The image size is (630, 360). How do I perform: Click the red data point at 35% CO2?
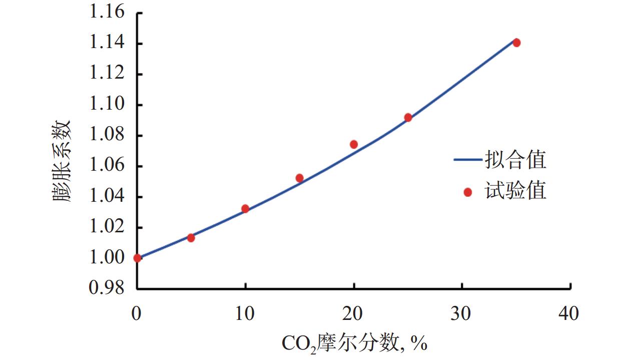[516, 43]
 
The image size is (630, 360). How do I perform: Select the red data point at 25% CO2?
[408, 118]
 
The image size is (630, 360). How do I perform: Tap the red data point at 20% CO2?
[354, 144]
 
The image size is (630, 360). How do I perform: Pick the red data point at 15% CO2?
[300, 178]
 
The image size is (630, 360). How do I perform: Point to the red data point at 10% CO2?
[245, 208]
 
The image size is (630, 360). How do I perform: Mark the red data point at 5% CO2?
[191, 237]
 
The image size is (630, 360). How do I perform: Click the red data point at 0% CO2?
[137, 258]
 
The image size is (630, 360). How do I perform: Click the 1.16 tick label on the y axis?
[107, 13]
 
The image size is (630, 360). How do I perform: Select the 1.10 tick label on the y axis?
[107, 105]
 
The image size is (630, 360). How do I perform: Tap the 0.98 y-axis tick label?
[107, 289]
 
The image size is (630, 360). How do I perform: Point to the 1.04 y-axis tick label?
[107, 197]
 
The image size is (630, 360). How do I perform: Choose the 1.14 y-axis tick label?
[107, 44]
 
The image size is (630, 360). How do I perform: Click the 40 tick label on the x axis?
[569, 314]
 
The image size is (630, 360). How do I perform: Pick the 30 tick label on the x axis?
[461, 314]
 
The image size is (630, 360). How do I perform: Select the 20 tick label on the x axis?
[353, 314]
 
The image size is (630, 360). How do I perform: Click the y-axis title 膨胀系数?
[63, 160]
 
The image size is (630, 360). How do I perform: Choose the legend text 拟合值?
[515, 160]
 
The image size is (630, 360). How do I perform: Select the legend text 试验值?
[515, 191]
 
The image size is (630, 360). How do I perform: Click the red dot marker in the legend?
[467, 192]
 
